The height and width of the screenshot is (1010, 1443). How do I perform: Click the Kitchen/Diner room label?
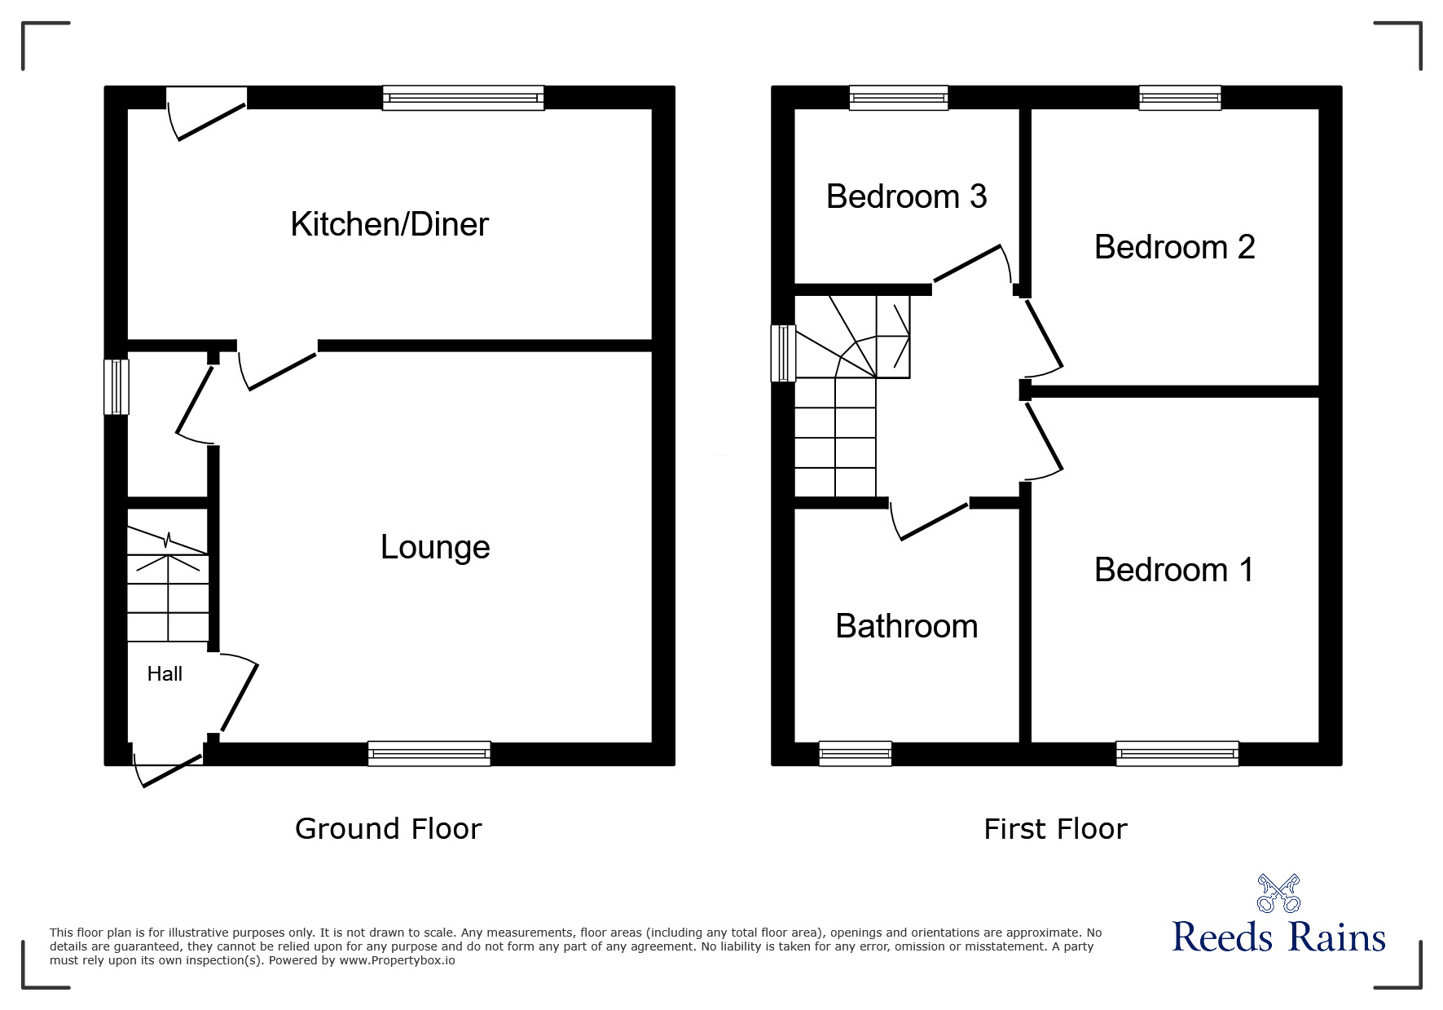coord(389,224)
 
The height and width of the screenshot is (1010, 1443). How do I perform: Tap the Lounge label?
coord(435,547)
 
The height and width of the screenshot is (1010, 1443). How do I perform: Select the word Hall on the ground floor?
coord(165,673)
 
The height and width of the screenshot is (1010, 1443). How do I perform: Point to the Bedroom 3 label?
coord(906,196)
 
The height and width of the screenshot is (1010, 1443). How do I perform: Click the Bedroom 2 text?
coord(1174,247)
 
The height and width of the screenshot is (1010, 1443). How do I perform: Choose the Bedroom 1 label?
coord(1173,570)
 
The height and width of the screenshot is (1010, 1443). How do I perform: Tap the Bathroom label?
coord(907,626)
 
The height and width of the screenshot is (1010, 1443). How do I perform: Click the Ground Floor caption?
coord(388,829)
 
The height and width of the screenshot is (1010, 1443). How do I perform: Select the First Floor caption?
coord(1055,829)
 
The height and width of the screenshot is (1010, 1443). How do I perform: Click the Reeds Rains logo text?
coord(1278,937)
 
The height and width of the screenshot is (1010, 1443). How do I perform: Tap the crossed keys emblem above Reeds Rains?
coord(1278,893)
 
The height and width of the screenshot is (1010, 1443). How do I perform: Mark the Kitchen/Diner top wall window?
coord(463,98)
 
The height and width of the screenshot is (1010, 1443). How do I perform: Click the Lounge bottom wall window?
coord(429,753)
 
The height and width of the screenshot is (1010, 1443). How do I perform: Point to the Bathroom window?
coord(855,753)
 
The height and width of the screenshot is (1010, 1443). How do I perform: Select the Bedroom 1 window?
coord(1177,753)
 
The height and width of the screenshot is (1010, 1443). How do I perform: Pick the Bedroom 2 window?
coord(1180,98)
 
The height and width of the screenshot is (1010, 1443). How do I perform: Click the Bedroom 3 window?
coord(899,98)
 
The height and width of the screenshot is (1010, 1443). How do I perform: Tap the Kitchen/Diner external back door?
coord(207,114)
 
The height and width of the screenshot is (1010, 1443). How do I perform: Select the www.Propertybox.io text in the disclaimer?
coord(397,960)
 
